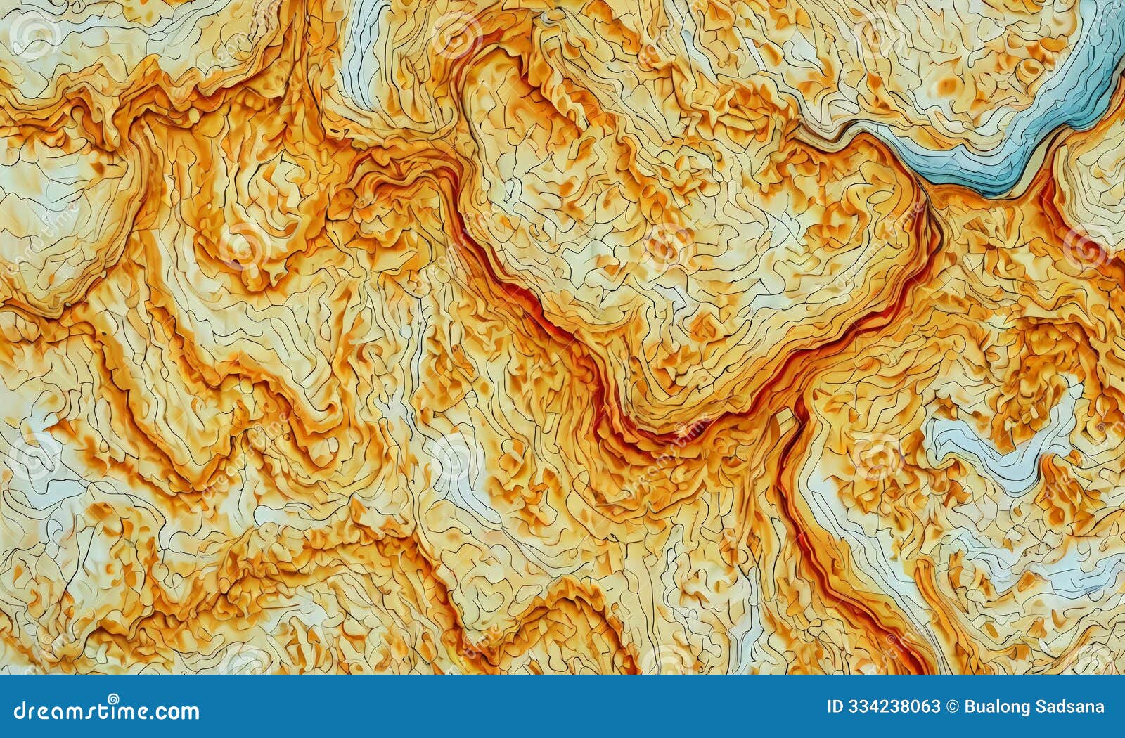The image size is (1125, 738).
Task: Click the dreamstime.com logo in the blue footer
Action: click(106, 711)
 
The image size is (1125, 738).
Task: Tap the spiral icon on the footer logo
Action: click(112, 699)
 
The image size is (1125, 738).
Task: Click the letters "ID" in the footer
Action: click(835, 707)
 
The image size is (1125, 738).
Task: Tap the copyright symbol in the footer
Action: click(952, 707)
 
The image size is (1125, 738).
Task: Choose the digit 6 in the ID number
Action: click(925, 707)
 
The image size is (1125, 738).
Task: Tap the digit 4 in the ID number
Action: click(873, 707)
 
